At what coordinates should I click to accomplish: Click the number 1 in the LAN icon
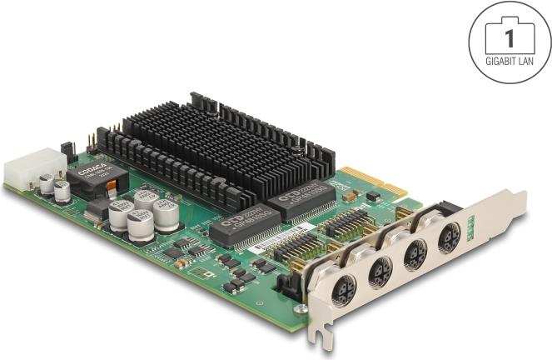click(509, 37)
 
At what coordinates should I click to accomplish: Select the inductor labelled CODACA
click(91, 177)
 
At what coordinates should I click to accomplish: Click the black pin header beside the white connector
click(68, 151)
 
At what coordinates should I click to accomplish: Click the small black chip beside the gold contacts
click(373, 196)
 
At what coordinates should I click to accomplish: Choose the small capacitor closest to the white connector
click(47, 182)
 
